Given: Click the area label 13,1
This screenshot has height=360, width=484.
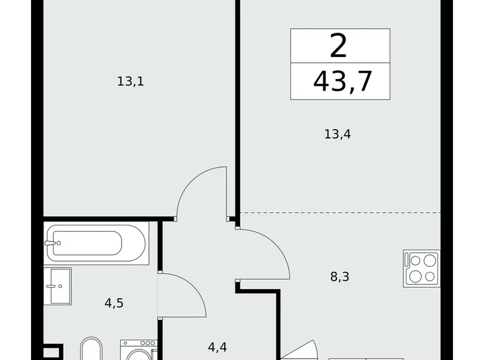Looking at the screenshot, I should tap(130, 81).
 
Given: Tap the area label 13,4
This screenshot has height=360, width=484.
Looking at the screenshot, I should tap(338, 133).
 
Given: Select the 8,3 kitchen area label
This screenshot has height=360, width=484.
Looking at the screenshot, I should tap(339, 277).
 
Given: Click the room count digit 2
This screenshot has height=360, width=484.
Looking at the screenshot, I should tap(340, 46).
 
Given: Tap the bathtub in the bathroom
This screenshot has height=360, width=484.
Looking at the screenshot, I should tap(96, 243).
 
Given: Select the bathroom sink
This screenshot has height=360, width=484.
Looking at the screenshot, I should tap(57, 286).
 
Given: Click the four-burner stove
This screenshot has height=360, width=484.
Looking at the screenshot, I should tap(421, 268).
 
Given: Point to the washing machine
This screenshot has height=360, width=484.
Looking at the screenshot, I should tap(138, 351).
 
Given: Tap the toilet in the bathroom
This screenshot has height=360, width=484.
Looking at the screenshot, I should tap(91, 350).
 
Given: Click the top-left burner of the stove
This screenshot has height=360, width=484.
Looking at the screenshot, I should tap(413, 260).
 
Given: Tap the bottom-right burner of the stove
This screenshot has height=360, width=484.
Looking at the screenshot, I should tap(429, 277).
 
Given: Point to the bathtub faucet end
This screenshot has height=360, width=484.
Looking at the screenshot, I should tap(53, 243).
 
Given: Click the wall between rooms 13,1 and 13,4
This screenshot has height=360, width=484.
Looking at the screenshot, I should tap(237, 106).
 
